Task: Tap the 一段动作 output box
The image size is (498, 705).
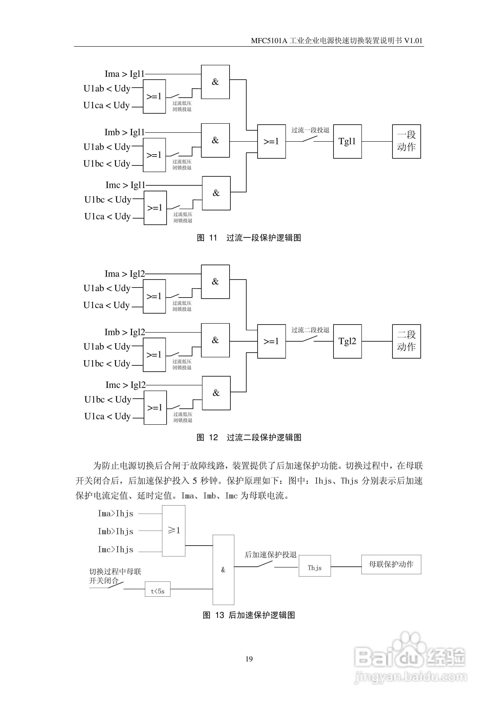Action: click(406, 142)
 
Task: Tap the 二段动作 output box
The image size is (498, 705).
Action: click(406, 341)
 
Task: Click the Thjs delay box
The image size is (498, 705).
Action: click(315, 566)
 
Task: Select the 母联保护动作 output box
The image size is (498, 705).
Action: click(391, 564)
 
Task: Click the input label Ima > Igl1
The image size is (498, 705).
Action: click(124, 74)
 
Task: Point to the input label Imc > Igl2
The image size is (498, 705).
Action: click(125, 385)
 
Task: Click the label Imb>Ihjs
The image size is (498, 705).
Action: click(115, 531)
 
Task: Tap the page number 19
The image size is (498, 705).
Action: click(249, 659)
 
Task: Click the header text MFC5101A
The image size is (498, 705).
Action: click(269, 41)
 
